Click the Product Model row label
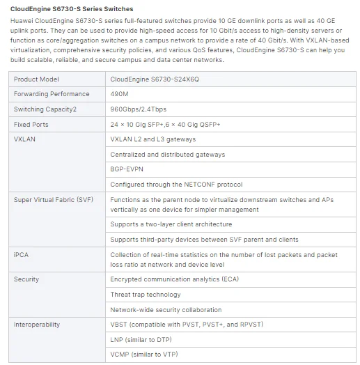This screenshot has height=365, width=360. pyautogui.click(x=36, y=79)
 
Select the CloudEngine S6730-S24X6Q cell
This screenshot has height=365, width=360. pyautogui.click(x=155, y=79)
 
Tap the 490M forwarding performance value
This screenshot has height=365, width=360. pyautogui.click(x=118, y=94)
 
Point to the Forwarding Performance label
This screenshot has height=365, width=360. pyautogui.click(x=52, y=94)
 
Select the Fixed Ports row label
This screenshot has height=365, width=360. pyautogui.click(x=31, y=124)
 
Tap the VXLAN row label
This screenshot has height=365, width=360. pyautogui.click(x=25, y=139)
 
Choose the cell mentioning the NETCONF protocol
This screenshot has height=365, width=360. pyautogui.click(x=175, y=185)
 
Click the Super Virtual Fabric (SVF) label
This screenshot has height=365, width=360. pyautogui.click(x=53, y=200)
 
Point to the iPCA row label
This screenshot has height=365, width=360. pyautogui.click(x=22, y=254)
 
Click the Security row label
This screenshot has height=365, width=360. pyautogui.click(x=26, y=279)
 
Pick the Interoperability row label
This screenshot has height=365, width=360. pyautogui.click(x=37, y=325)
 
